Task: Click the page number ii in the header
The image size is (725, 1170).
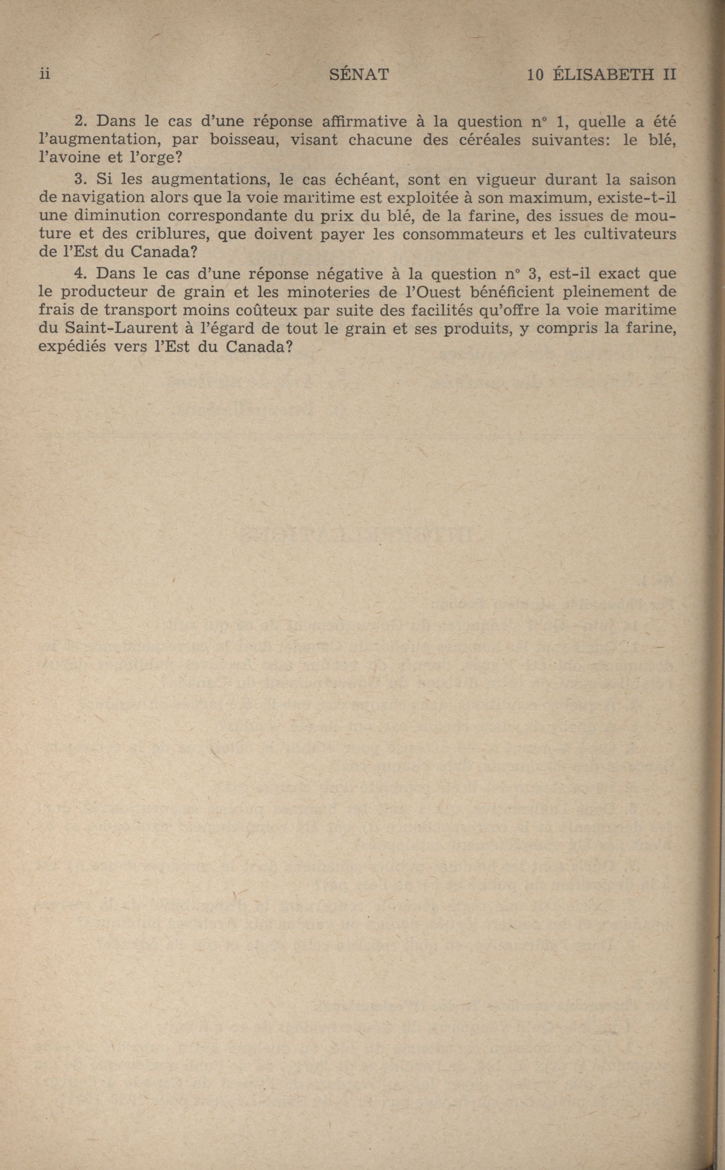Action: (x=45, y=75)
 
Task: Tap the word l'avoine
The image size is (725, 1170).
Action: (x=69, y=158)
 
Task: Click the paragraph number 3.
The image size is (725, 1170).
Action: (x=80, y=180)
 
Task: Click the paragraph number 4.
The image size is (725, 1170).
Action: (x=80, y=274)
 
